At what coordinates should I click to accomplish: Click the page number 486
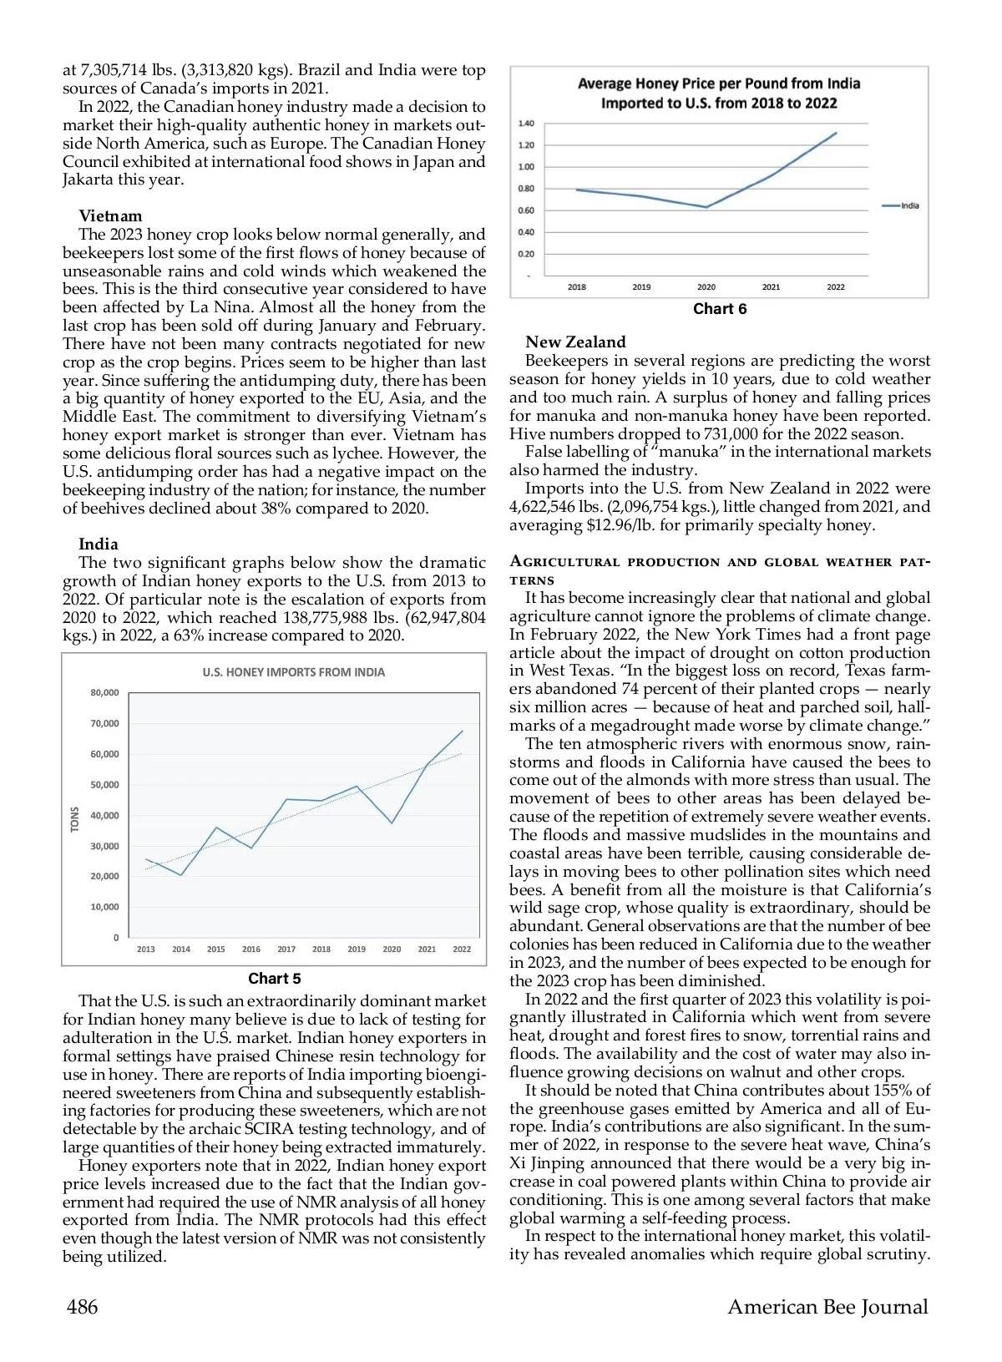click(x=82, y=1307)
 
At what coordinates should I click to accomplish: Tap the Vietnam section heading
click(x=110, y=216)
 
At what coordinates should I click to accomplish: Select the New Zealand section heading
click(x=575, y=342)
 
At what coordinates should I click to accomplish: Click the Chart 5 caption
click(x=274, y=979)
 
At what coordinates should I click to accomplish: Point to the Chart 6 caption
click(x=720, y=309)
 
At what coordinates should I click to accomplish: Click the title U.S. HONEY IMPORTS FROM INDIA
click(x=294, y=672)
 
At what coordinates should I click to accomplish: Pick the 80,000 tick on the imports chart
click(x=104, y=693)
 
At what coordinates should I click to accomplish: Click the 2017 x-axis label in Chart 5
click(x=286, y=949)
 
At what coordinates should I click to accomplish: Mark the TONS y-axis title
click(x=74, y=819)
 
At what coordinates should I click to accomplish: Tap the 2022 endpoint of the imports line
click(x=463, y=732)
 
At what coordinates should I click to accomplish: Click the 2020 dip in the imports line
click(x=392, y=823)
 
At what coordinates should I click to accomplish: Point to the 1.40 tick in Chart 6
click(x=526, y=124)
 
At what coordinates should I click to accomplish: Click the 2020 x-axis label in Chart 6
click(x=706, y=287)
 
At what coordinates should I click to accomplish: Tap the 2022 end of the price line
click(x=836, y=133)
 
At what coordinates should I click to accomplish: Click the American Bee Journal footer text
click(x=827, y=1307)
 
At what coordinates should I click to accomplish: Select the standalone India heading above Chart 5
click(x=99, y=544)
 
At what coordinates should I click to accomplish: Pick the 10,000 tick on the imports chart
click(x=104, y=907)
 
